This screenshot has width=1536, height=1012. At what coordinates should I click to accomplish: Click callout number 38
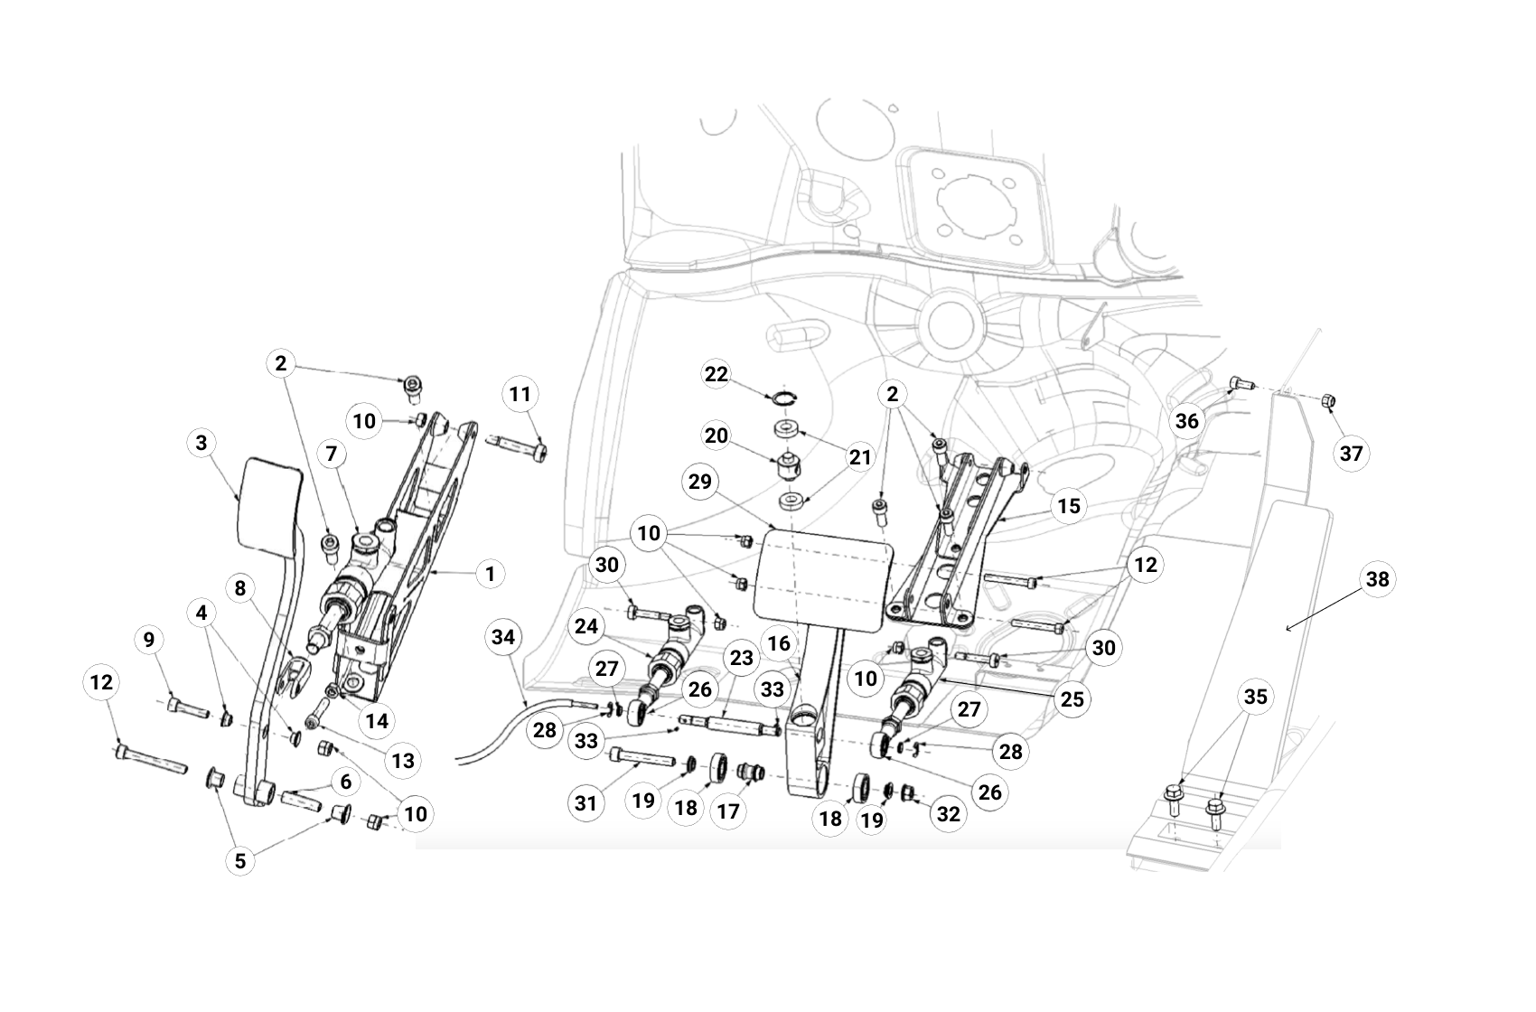[1377, 579]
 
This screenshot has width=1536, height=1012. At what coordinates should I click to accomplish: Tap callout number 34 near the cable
[502, 638]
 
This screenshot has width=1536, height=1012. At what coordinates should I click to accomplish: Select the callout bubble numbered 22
[716, 374]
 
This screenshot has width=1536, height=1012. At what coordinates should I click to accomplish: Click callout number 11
[520, 394]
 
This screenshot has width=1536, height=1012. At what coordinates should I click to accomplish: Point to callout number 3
[201, 443]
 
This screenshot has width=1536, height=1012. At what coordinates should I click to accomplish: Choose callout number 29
[700, 482]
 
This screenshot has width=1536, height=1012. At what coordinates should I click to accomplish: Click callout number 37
[1351, 453]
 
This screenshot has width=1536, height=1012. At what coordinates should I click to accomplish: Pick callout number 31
[586, 801]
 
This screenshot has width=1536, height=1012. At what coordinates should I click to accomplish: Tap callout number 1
[490, 574]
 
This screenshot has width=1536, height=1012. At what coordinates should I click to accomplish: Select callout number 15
[1069, 506]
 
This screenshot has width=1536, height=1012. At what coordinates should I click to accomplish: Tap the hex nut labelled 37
[1328, 400]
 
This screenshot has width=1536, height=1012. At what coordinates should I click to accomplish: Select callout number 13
[403, 761]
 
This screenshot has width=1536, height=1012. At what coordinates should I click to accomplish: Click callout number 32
[948, 814]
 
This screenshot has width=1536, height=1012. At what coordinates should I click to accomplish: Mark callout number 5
[240, 861]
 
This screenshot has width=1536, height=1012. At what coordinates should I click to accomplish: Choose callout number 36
[1186, 420]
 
